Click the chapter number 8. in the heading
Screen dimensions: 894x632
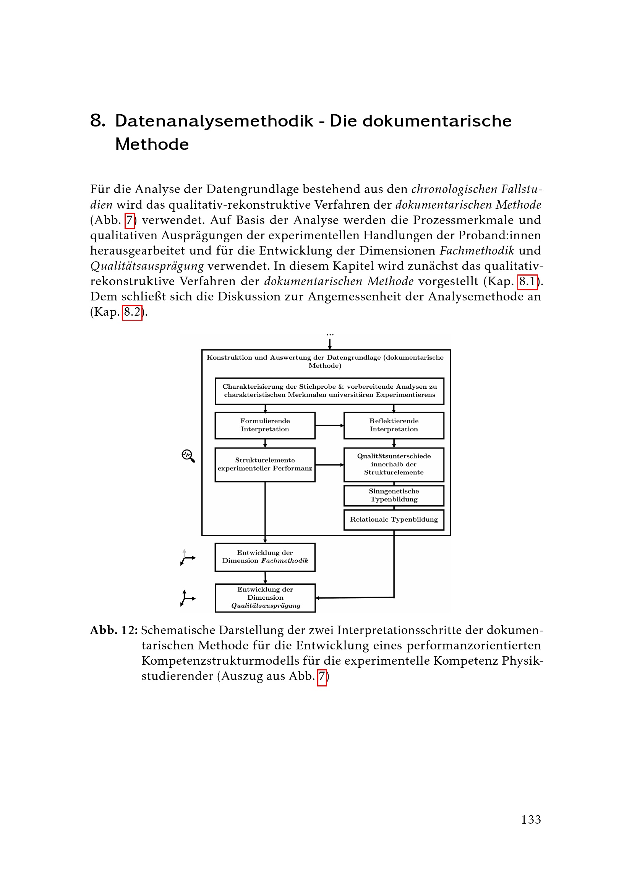pos(98,121)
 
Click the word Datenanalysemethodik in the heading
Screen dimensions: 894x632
pos(214,121)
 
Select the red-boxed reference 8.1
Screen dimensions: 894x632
pos(527,282)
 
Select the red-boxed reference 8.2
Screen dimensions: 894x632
pos(132,312)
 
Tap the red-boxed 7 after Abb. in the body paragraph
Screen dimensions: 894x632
pos(130,221)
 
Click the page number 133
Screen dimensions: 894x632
pos(531,819)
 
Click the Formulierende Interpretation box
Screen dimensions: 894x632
pos(265,425)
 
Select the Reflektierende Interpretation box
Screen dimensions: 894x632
pos(394,425)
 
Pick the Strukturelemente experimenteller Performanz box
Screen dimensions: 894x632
pos(265,464)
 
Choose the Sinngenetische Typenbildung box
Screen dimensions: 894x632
pos(394,495)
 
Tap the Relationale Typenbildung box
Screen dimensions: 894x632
pos(394,520)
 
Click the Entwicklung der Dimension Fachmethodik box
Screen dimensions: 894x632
pos(265,557)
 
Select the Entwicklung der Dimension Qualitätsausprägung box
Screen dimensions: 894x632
pos(265,598)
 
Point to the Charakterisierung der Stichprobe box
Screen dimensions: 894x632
pos(330,391)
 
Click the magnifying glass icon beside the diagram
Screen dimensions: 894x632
pos(188,456)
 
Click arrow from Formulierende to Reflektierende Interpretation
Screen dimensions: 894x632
pos(329,425)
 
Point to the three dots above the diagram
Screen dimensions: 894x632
pos(330,334)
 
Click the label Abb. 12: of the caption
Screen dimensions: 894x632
pos(114,630)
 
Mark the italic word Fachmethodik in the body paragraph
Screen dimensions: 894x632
pos(477,251)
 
